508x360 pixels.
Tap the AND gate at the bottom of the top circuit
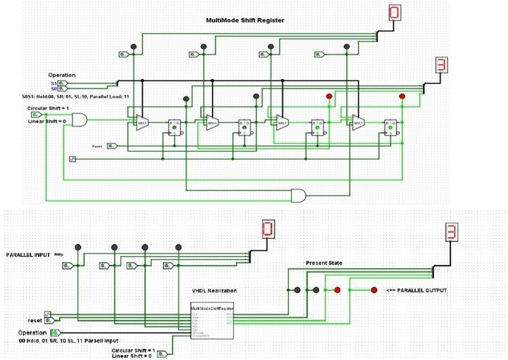click(x=299, y=194)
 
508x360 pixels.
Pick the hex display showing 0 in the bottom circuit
click(x=268, y=231)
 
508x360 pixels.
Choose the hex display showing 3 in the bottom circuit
click(x=451, y=232)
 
